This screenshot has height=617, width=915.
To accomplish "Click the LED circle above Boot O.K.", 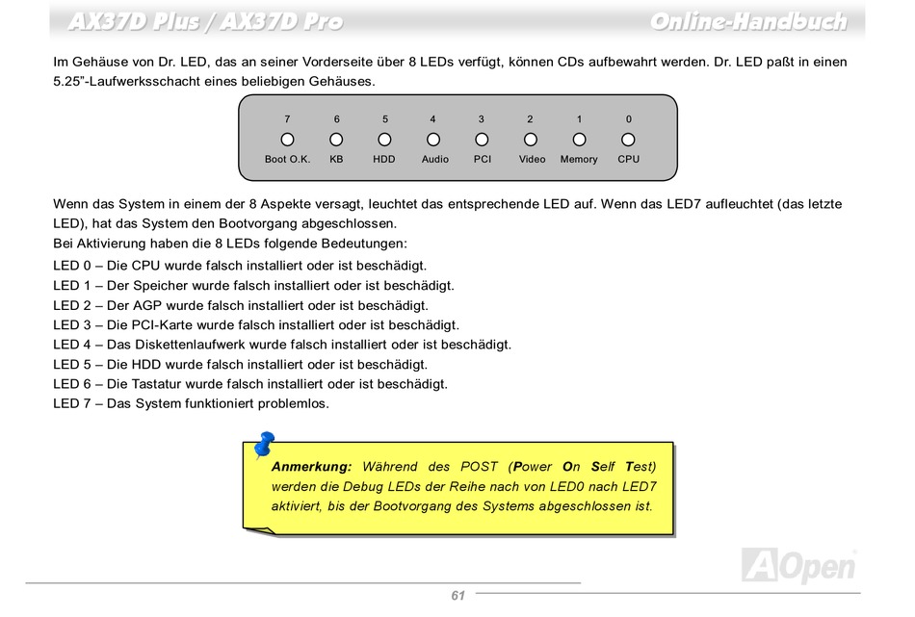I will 287,140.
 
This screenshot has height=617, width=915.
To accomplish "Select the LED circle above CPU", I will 628,140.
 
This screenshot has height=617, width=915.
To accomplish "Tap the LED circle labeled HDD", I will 384,140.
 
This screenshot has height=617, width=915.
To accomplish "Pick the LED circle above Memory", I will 579,140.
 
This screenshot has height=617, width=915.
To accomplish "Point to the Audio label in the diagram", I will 434,160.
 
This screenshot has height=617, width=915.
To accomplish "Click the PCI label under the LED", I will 483,160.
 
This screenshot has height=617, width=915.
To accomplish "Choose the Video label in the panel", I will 532,160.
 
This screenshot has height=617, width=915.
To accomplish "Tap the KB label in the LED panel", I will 336,160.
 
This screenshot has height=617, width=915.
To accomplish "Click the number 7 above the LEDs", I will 287,119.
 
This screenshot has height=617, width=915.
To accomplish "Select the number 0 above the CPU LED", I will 629,119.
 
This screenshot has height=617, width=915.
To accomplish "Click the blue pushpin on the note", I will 263,445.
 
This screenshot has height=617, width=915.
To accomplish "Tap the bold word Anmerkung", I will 311,467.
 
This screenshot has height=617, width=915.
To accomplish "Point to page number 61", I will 457,596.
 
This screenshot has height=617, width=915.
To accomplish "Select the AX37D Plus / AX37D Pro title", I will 205,21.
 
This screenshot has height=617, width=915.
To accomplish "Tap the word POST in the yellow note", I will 480,467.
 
